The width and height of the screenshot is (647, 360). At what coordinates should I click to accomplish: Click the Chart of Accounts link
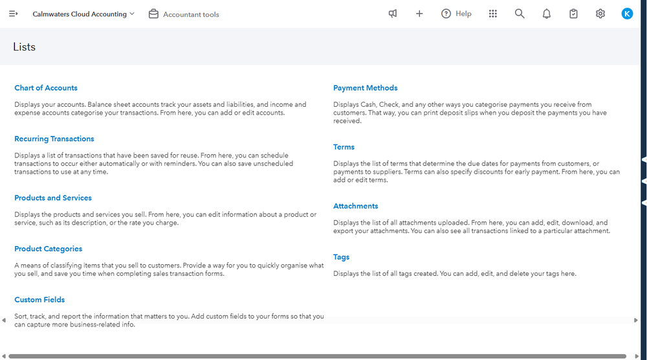tap(46, 88)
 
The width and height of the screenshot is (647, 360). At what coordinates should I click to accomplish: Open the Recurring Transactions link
tap(54, 139)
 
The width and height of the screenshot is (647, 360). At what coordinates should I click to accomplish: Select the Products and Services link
tap(53, 198)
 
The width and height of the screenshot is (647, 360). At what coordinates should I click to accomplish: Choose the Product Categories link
tap(49, 249)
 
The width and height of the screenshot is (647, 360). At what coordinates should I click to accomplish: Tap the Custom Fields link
tap(39, 300)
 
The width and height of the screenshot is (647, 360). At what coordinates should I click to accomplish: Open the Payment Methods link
tap(366, 88)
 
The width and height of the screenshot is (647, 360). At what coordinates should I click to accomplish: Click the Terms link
tap(344, 147)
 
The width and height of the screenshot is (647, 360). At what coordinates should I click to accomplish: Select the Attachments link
tap(356, 206)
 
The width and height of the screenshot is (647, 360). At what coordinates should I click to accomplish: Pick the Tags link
tap(342, 257)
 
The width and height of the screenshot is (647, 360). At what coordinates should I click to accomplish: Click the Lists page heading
tap(25, 47)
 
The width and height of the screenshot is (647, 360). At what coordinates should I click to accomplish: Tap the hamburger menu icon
tap(13, 14)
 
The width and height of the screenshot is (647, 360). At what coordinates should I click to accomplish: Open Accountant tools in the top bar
tap(184, 14)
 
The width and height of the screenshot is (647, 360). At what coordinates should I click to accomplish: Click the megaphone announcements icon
tap(393, 14)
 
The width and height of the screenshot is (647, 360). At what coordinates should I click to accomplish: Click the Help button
tap(456, 14)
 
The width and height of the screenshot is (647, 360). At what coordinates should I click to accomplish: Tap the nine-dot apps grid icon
tap(493, 14)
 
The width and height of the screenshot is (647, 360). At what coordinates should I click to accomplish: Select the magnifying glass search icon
tap(520, 14)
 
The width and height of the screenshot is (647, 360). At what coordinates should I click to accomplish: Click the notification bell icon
tap(547, 14)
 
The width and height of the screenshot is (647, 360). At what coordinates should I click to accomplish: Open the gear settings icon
tap(600, 14)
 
